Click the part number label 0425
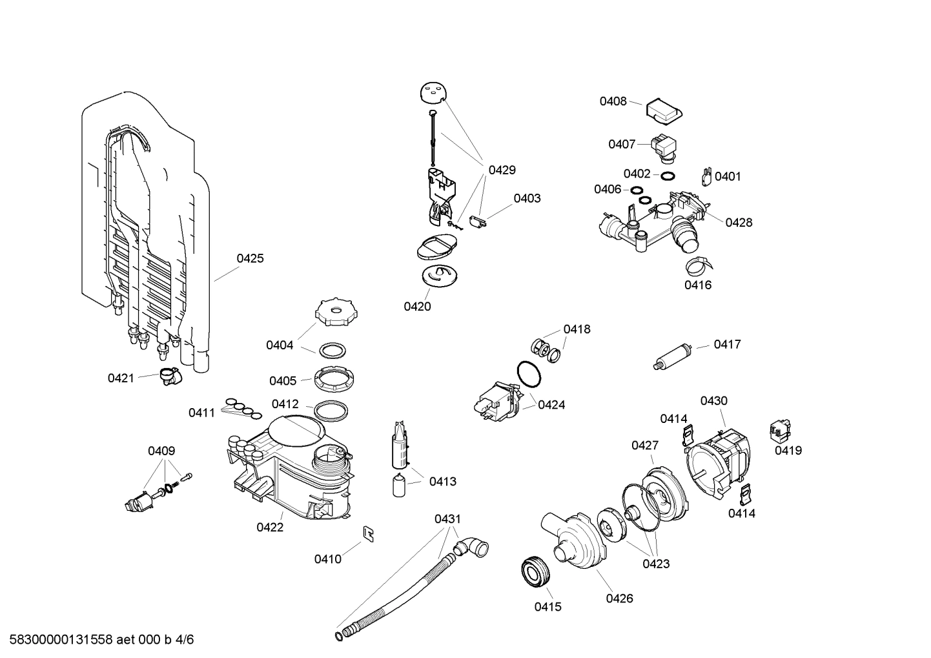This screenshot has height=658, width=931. [x=250, y=258]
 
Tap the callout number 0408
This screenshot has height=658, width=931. [x=613, y=101]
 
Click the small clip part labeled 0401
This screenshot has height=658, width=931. [x=706, y=176]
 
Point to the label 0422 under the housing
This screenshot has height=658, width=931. [x=270, y=528]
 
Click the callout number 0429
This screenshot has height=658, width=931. [x=502, y=170]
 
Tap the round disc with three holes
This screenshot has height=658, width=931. [x=433, y=93]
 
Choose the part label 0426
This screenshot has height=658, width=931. [x=619, y=599]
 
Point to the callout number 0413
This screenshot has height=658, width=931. [x=442, y=481]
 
